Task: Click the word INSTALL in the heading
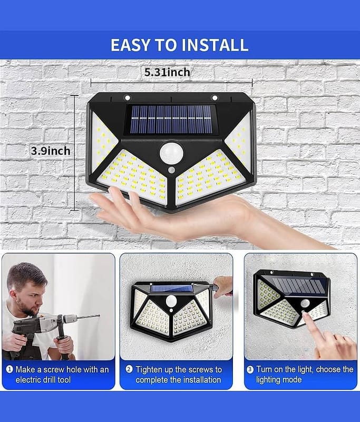pos(215,45)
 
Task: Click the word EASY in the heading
pos(131,45)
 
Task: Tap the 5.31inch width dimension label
pos(167,72)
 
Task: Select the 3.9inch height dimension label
pos(51,151)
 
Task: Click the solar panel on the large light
pos(171,120)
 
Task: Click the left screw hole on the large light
pos(128,98)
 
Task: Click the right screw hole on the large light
pos(215,98)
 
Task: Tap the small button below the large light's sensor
pos(171,170)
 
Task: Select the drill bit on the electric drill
pos(89,317)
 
